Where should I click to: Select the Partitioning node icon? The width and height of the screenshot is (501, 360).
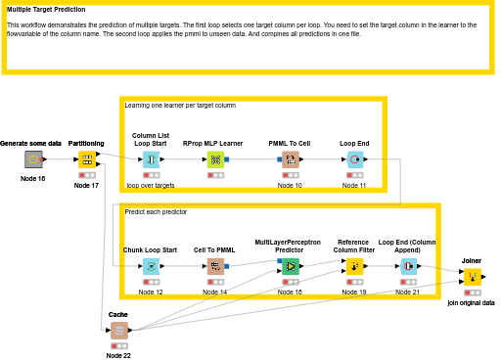coord(87,159)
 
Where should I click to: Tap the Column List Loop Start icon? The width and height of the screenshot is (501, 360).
coord(151,159)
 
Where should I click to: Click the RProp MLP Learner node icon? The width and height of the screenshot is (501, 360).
coord(214,159)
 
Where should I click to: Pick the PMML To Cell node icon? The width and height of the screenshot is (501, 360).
coord(290,159)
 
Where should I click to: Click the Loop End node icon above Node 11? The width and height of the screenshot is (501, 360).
coord(354,159)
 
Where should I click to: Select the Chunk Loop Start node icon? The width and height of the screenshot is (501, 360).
coord(150,266)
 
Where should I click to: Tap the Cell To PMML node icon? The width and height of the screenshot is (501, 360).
coord(214,266)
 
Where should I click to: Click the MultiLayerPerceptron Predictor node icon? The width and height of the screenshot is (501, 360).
coord(291,265)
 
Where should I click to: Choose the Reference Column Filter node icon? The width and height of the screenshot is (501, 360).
coord(354,266)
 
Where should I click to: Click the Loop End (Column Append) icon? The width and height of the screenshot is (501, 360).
coord(408,266)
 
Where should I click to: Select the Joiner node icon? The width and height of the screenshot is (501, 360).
coord(472,277)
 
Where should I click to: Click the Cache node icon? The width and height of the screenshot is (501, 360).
coord(118,331)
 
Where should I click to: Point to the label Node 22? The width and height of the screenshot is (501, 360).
coord(118,355)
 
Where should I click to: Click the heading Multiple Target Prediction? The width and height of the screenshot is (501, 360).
coord(46,9)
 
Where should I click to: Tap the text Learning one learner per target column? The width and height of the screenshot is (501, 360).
coord(180,105)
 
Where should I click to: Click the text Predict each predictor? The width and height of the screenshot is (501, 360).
coord(156,211)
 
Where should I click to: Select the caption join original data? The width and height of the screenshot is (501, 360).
coord(471,303)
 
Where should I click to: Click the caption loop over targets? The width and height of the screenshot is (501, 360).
coord(151,184)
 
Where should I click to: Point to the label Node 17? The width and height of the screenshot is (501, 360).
coord(87,185)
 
